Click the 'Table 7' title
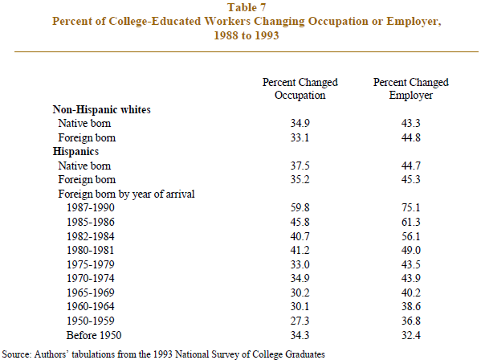tap(247, 7)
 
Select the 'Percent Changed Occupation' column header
tap(300, 88)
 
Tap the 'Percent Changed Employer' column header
tap(411, 88)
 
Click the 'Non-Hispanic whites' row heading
tap(101, 109)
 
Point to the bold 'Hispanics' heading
tap(75, 151)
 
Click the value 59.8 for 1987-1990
tap(300, 208)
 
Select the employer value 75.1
tap(411, 208)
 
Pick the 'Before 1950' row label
tap(94, 335)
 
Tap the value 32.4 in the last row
tap(411, 335)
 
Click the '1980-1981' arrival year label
tap(91, 250)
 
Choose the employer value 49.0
tap(411, 250)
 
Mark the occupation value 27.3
tap(300, 321)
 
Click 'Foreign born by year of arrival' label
tap(126, 194)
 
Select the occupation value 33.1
tap(300, 137)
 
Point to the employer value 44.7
tap(411, 166)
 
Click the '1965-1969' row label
tap(91, 292)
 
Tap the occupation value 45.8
tap(300, 222)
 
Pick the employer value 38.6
tap(411, 307)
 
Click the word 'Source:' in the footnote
tap(17, 354)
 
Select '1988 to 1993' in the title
tap(247, 35)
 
